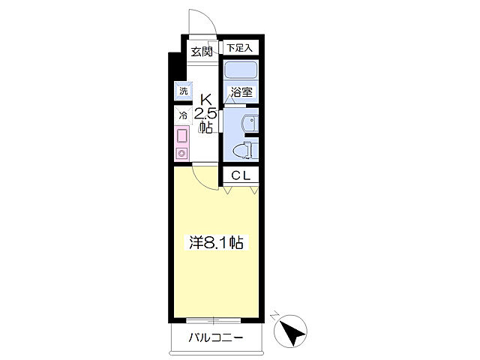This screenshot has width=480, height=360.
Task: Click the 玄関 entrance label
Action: click(202, 52)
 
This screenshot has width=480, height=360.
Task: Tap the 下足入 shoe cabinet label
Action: click(240, 48)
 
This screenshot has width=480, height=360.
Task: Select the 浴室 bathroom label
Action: click(241, 91)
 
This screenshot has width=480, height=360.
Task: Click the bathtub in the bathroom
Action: click(241, 70)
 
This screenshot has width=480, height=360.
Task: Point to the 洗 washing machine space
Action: click(183, 91)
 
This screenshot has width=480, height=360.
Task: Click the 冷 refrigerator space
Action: click(183, 115)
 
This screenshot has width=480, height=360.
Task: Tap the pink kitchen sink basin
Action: click(181, 136)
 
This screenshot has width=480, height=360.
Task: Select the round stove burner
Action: click(181, 152)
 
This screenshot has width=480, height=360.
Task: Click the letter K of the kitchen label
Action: click(206, 100)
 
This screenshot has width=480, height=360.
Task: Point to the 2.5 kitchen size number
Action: click(205, 114)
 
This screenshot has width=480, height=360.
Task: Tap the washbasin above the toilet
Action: click(250, 124)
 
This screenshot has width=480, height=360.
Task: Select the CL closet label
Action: click(241, 175)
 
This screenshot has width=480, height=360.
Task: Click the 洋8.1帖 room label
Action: click(216, 242)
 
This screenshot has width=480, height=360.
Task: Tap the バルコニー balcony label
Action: click(216, 337)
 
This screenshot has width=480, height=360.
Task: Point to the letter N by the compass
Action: click(275, 316)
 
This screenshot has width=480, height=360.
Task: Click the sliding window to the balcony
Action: click(213, 321)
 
